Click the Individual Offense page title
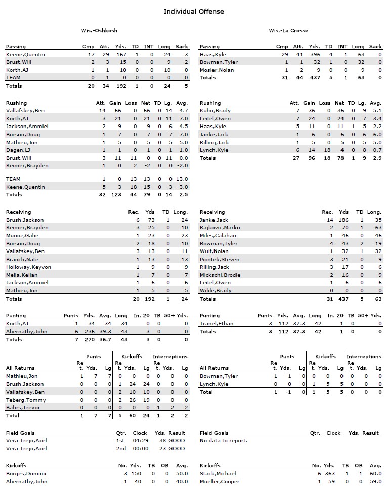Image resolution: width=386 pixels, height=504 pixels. coord(193,11)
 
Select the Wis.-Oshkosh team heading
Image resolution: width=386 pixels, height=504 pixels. coord(99,31)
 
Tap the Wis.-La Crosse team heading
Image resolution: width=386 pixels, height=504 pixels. coord(288,31)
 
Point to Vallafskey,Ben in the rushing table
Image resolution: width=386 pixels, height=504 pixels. coord(25,110)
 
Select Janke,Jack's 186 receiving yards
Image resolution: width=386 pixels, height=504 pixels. coord(344,220)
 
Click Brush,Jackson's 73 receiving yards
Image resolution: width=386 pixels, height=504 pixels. coord(151,220)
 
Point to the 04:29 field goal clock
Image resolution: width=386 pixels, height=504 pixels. coord(140,441)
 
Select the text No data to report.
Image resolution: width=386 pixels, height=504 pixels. coord(224,441)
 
